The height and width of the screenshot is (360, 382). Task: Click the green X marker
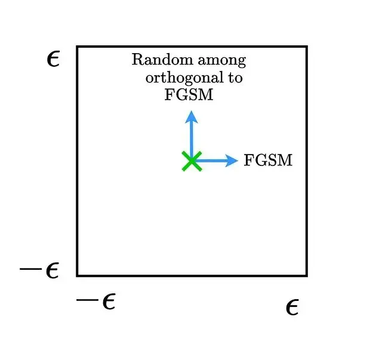click(x=192, y=161)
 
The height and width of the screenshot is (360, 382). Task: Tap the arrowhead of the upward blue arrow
click(x=192, y=116)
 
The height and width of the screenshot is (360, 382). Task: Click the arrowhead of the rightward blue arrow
click(x=232, y=161)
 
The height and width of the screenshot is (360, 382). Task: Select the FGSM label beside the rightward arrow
click(x=268, y=160)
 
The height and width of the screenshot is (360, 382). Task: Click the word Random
click(x=162, y=59)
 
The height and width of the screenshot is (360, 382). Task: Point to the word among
click(x=221, y=61)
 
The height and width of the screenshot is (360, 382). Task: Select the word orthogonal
click(x=184, y=78)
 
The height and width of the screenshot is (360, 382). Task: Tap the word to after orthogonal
click(x=235, y=78)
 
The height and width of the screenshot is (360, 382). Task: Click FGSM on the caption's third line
click(x=189, y=94)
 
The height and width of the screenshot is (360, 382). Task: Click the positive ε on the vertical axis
click(x=53, y=60)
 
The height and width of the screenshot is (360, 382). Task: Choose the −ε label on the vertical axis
click(x=39, y=270)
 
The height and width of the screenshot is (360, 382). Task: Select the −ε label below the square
click(x=95, y=301)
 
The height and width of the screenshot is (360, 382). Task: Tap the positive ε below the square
click(x=292, y=307)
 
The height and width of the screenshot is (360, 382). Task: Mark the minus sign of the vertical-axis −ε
click(x=30, y=269)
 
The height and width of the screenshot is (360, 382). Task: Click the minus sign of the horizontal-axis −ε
click(x=87, y=300)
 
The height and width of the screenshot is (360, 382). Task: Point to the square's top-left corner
click(x=77, y=47)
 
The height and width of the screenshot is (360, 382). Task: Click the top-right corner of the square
click(x=307, y=47)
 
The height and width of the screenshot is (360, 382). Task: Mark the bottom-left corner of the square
click(x=77, y=276)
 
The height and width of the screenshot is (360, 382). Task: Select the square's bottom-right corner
click(x=307, y=276)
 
